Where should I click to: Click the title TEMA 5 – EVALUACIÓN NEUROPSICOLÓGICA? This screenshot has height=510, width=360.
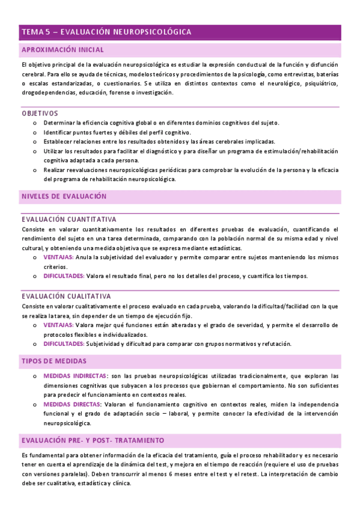point(106,31)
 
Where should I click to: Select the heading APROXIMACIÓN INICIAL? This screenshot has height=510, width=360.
point(63,50)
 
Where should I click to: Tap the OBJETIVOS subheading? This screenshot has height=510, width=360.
point(40,113)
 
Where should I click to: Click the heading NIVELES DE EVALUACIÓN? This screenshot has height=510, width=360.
point(64,197)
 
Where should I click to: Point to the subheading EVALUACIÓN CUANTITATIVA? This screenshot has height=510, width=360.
point(69,220)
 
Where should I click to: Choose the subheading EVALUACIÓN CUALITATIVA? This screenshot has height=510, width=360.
point(66,296)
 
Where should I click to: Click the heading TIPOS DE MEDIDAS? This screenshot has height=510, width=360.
point(54,361)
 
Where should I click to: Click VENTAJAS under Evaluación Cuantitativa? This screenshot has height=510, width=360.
point(59,257)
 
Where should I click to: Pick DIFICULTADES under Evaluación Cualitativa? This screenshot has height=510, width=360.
point(64,343)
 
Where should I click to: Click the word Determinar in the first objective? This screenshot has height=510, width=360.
point(59,123)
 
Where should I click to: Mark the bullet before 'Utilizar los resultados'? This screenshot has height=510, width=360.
point(35,152)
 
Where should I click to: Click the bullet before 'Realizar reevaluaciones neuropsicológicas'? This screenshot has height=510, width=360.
point(35,170)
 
